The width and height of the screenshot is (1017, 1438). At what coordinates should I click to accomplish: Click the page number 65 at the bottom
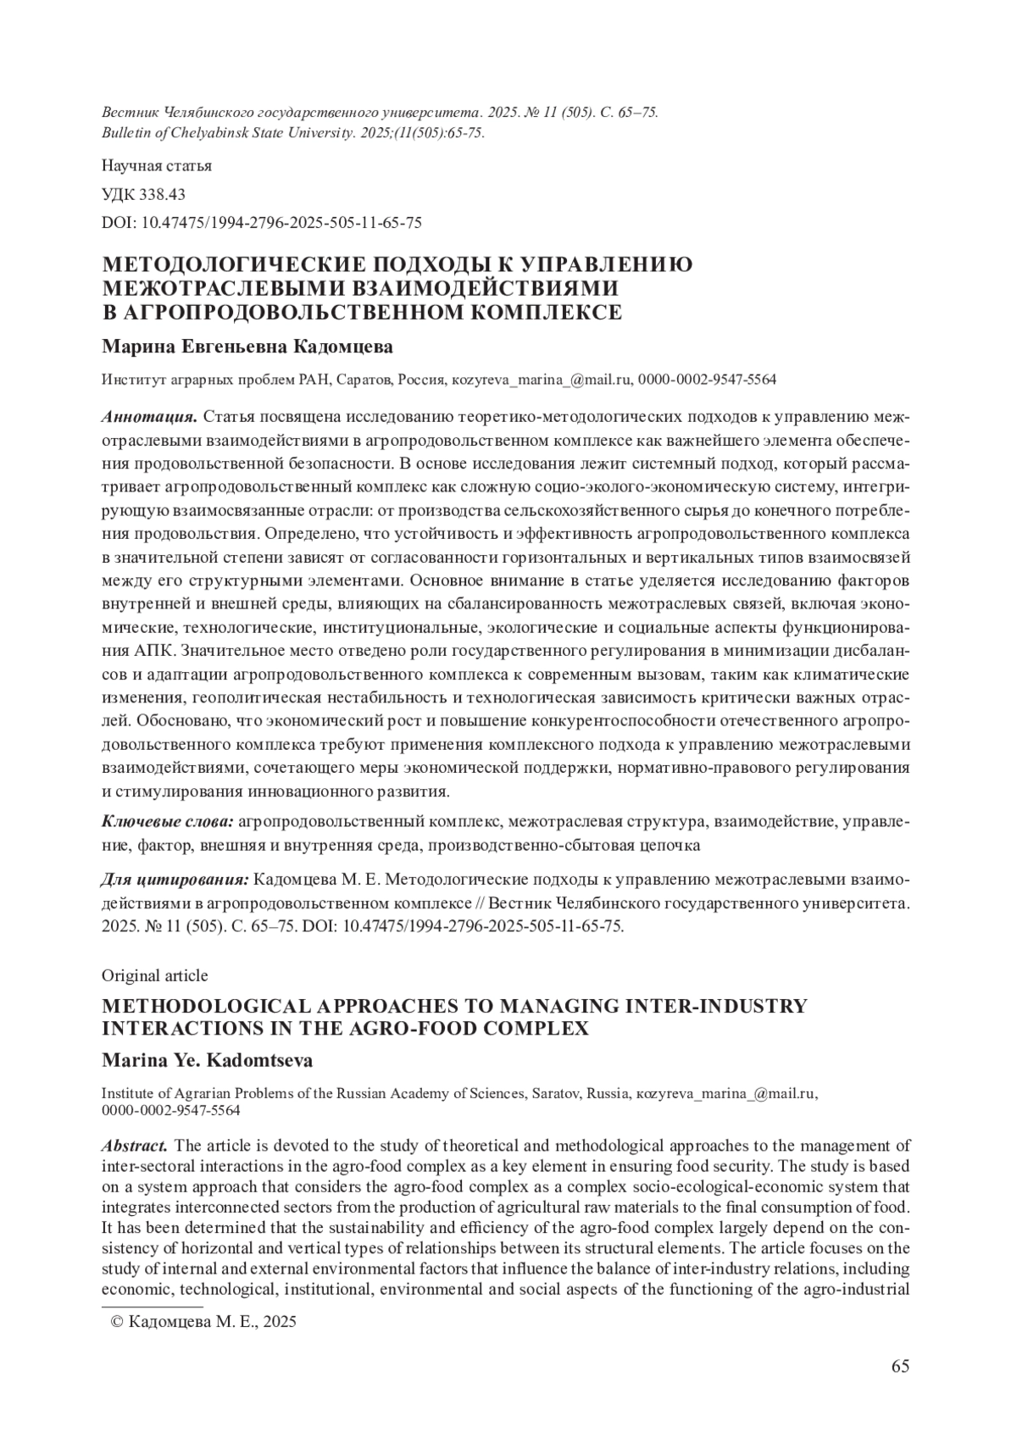(900, 1366)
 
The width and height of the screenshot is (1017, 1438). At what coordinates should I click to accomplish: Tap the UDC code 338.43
(161, 194)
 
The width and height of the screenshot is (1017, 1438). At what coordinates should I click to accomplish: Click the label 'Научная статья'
(156, 165)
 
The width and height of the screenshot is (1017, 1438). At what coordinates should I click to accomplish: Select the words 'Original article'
(154, 975)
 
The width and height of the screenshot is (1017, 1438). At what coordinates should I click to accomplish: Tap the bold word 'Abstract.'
(134, 1146)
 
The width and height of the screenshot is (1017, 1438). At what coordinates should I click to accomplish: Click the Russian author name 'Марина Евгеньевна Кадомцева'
(247, 347)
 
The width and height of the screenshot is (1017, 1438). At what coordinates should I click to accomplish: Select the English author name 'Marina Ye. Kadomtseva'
(207, 1060)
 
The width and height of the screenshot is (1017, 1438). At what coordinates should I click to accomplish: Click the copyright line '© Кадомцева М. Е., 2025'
(204, 1322)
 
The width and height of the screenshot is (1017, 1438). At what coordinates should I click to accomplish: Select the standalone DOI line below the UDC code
(261, 223)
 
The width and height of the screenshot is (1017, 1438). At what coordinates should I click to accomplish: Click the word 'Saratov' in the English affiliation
(555, 1093)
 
